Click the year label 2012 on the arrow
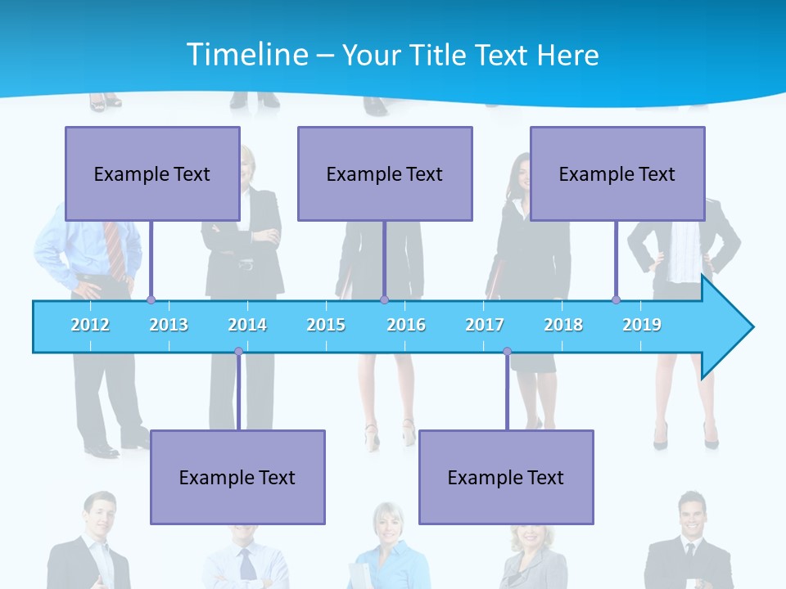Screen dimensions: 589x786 (90, 325)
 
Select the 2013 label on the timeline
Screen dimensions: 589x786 (169, 325)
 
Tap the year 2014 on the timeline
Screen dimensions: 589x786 (247, 325)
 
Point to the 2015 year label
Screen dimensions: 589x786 (326, 325)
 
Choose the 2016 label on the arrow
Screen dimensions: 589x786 (406, 325)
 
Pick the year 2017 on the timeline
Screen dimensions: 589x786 (485, 325)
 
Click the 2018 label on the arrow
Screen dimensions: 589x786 (563, 325)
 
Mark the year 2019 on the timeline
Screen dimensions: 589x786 (642, 325)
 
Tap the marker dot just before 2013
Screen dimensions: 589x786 (151, 300)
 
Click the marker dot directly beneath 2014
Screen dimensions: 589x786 (238, 352)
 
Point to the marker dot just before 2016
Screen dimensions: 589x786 (384, 300)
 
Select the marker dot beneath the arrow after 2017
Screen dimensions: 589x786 (507, 352)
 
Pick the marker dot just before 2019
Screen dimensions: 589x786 (616, 300)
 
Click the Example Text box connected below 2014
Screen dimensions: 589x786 (237, 477)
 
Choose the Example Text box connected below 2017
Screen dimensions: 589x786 (506, 477)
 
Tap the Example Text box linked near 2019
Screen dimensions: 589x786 (617, 173)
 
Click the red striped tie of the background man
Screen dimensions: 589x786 (115, 250)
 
